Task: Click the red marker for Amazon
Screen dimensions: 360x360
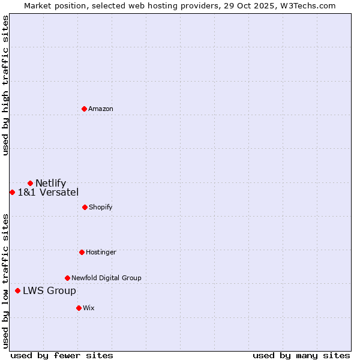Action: (84, 109)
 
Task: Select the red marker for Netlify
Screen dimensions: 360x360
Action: (30, 183)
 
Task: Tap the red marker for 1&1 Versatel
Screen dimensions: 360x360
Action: (12, 192)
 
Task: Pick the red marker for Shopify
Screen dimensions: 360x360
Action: (85, 207)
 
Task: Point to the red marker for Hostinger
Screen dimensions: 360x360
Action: (82, 252)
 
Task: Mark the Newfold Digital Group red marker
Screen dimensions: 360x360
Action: (67, 278)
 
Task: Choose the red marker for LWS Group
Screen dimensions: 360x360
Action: (17, 290)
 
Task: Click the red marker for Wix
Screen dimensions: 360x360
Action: (79, 308)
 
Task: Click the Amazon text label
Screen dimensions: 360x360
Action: (101, 109)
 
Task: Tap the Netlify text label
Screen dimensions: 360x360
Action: (51, 183)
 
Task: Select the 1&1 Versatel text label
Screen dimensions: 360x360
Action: (48, 192)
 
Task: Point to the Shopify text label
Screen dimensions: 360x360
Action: (101, 207)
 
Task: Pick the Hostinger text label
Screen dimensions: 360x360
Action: (101, 252)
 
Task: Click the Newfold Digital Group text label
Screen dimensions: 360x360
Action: (106, 278)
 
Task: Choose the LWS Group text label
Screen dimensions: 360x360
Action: (49, 290)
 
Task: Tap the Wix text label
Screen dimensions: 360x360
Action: (89, 308)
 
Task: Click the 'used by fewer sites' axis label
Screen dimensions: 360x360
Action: (62, 355)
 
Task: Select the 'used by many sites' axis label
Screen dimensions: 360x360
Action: (301, 355)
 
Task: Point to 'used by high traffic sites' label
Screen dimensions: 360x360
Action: (5, 85)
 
